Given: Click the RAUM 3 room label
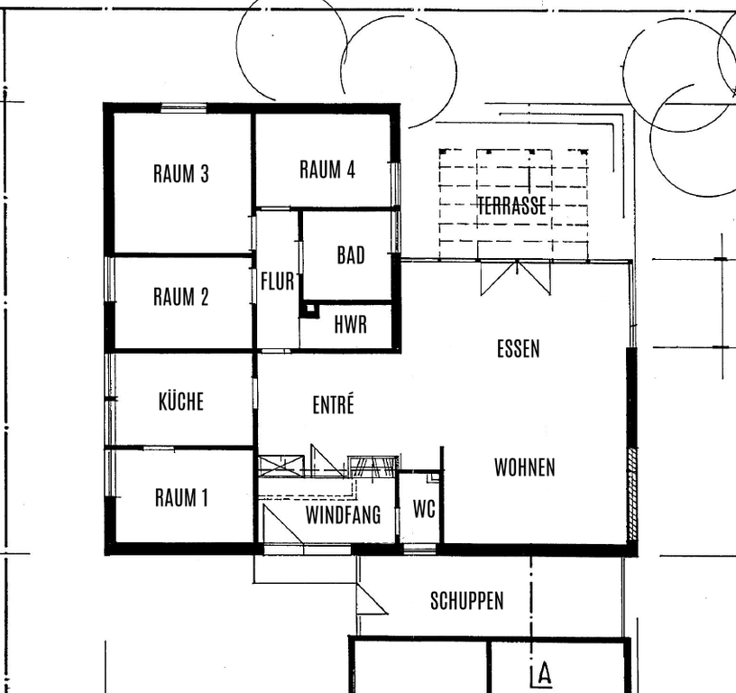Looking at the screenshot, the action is point(180,173).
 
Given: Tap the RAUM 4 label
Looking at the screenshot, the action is point(327,170).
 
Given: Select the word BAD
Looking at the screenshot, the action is point(351,255).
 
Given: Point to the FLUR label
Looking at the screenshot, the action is point(278,282).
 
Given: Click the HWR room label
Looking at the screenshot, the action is point(350,325).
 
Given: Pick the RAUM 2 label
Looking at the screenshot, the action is point(180,297).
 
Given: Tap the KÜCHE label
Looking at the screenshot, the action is point(181,401).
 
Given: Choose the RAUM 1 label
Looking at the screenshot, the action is point(181,498).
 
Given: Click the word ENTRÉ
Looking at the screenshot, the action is point(333,404).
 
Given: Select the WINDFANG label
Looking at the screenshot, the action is point(343,515).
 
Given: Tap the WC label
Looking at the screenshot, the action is point(424,509).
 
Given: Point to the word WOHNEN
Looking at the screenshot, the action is point(525,467).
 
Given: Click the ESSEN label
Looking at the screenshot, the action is point(519,349).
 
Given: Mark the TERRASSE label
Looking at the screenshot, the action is point(511,206).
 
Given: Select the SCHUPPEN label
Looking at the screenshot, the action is point(467,601).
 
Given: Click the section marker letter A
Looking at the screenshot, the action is point(545,674).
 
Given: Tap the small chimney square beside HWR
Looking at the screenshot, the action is point(309,310).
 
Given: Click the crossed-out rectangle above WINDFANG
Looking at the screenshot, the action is point(281,465).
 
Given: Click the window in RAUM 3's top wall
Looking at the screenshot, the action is point(183,108).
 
